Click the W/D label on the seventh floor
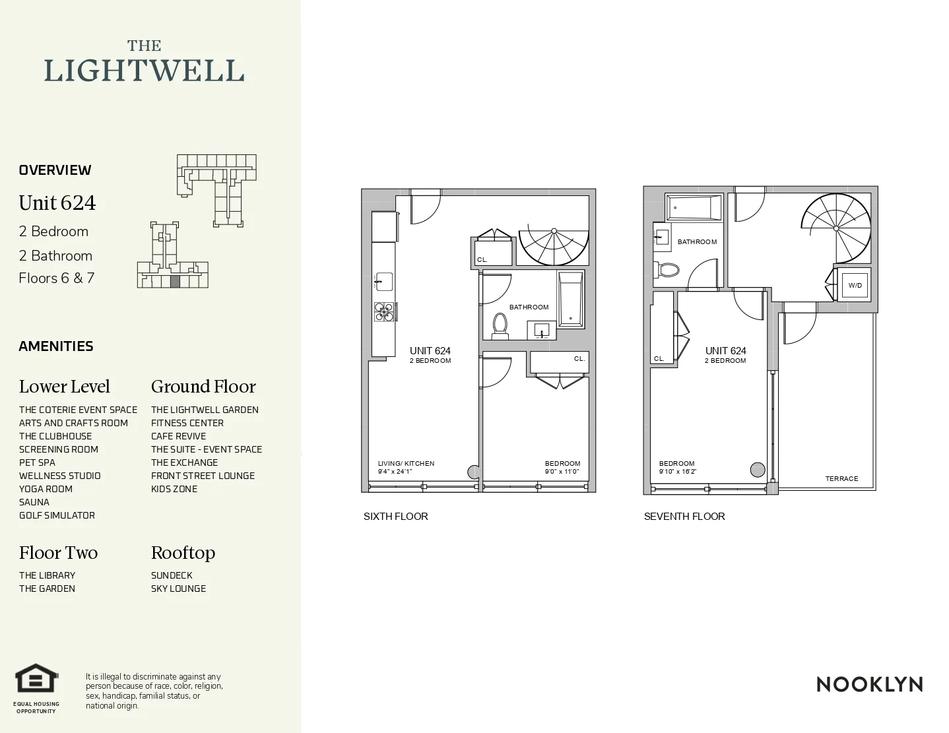[x=855, y=286]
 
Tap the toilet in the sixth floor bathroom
[x=500, y=325]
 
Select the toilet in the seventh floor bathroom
[x=668, y=270]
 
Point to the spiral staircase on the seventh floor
[x=836, y=228]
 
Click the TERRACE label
[x=841, y=479]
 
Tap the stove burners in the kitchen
[x=384, y=311]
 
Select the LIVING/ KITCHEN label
[x=406, y=464]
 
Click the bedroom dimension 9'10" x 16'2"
[x=677, y=472]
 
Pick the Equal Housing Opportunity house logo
[x=36, y=678]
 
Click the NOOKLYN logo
[x=869, y=684]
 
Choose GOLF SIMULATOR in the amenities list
[x=57, y=515]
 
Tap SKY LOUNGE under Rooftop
[x=178, y=589]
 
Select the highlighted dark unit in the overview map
[x=175, y=281]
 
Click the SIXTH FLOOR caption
[x=395, y=517]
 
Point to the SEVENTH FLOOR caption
[x=684, y=517]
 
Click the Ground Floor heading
[x=203, y=387]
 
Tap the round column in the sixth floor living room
[x=474, y=472]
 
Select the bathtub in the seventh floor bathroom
[x=693, y=208]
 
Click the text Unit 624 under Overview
[x=57, y=203]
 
